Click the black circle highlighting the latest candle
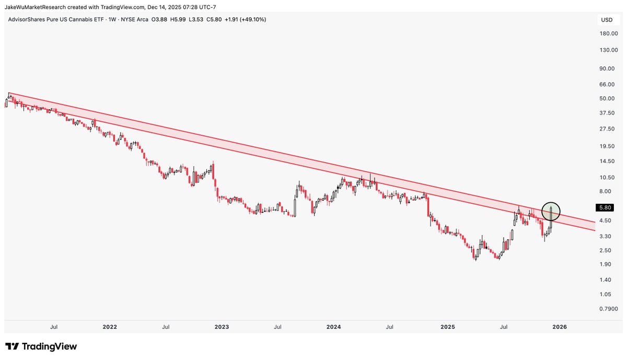pyautogui.click(x=551, y=211)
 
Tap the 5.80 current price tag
pyautogui.click(x=606, y=207)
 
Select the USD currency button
pyautogui.click(x=607, y=20)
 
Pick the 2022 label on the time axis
pyautogui.click(x=110, y=327)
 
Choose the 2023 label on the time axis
pyautogui.click(x=222, y=327)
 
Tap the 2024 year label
pyautogui.click(x=333, y=327)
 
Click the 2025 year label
pyautogui.click(x=448, y=327)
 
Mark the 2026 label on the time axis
pyautogui.click(x=560, y=327)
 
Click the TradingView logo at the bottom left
pyautogui.click(x=41, y=346)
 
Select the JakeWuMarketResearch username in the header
pyautogui.click(x=37, y=6)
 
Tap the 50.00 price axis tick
pyautogui.click(x=607, y=98)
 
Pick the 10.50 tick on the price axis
pyautogui.click(x=607, y=177)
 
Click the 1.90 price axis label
pyautogui.click(x=607, y=264)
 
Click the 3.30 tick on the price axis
pyautogui.click(x=607, y=236)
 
